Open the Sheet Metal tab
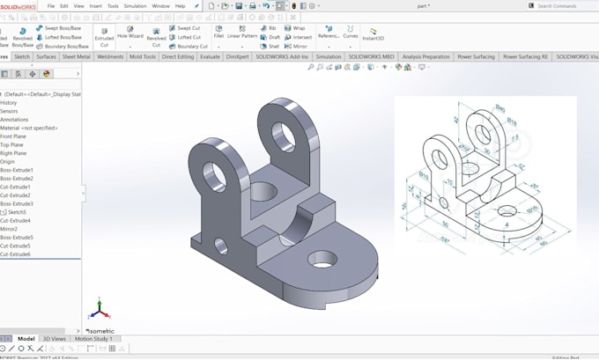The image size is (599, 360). [x=76, y=56]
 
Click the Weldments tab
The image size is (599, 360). [x=110, y=56]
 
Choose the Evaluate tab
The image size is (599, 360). [x=210, y=56]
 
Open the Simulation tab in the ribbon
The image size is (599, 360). [x=328, y=56]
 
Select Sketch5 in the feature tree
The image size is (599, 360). [x=17, y=212]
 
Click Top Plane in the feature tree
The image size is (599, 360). [x=12, y=145]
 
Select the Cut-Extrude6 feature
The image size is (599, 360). [x=16, y=254]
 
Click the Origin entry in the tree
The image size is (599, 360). [x=8, y=162]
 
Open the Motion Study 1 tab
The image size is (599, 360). [x=92, y=339]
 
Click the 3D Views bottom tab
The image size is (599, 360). [x=54, y=339]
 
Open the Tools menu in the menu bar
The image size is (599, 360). [x=113, y=6]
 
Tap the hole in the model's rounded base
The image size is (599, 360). [x=323, y=260]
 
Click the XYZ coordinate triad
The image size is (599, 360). [x=100, y=308]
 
